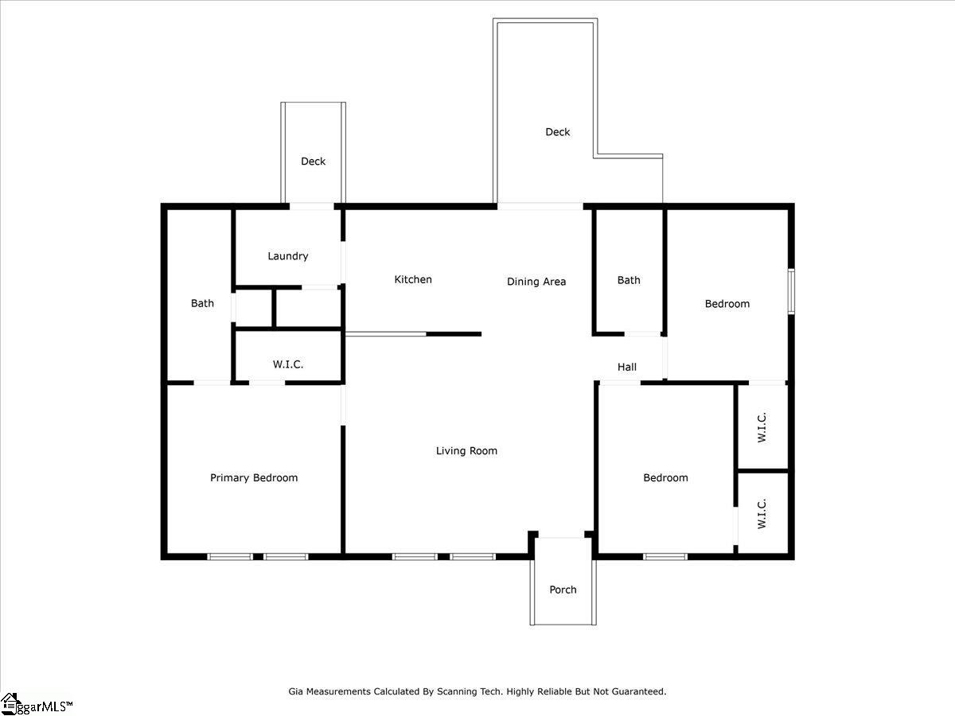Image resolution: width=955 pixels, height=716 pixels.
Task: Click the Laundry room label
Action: coord(287,256)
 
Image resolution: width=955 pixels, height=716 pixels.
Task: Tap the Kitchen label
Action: coord(413,279)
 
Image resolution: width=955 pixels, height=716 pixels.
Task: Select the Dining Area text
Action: coord(536,282)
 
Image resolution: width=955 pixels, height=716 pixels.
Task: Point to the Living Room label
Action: coord(466,451)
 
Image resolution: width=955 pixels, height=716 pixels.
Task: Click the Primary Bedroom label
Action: coord(254,478)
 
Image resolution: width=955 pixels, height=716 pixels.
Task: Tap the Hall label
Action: coord(627,368)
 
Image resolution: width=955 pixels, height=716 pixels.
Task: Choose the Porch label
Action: coord(563,590)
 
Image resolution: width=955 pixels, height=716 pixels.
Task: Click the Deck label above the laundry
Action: coord(314,161)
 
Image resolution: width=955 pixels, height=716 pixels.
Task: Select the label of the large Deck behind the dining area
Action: coord(558,132)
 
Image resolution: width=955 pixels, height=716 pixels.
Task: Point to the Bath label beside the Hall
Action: coord(629,280)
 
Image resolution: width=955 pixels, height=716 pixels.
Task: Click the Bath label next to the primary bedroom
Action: coord(202,303)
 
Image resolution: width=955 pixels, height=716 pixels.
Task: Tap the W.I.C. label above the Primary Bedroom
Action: coord(288,364)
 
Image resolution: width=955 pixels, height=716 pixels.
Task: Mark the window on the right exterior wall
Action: coord(791,291)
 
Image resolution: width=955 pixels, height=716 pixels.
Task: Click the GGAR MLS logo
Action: coord(37,704)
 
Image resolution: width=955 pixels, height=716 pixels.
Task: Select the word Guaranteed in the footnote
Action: coord(639,691)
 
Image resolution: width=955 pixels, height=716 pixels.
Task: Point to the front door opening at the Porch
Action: coord(562,538)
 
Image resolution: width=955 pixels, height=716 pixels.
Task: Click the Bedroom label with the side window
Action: coord(727,304)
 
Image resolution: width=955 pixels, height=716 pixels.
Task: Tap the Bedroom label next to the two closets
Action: coord(665,478)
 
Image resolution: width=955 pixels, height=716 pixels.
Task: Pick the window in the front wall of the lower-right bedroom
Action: coord(665,556)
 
